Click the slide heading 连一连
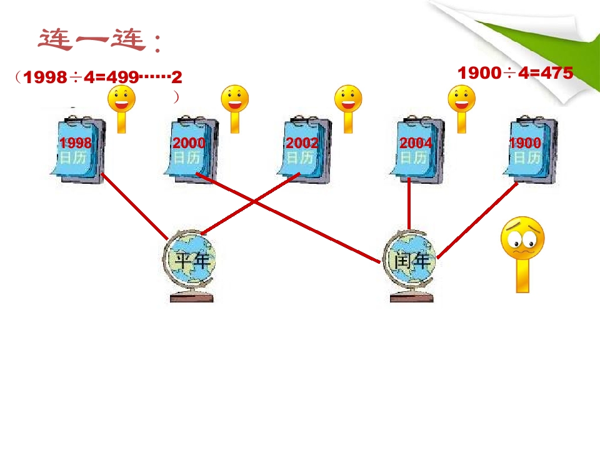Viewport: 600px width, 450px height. [100, 41]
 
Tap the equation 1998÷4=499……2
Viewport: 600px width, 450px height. [100, 77]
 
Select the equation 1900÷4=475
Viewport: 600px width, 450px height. [515, 73]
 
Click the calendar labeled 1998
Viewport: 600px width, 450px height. [77, 150]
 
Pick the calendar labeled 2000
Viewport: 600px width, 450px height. [191, 150]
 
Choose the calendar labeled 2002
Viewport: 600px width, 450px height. [304, 150]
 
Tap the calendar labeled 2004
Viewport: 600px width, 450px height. [417, 150]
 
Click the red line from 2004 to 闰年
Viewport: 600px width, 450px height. [409, 203]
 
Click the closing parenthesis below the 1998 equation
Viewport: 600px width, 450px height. [177, 97]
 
